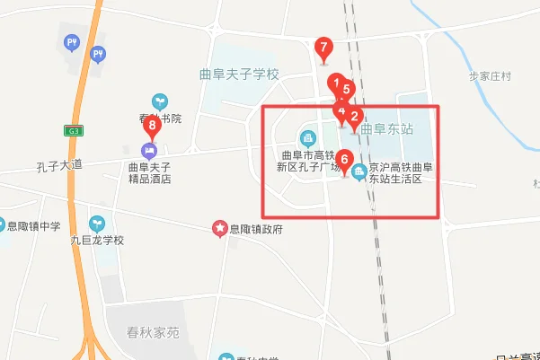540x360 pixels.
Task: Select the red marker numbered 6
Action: (345, 162)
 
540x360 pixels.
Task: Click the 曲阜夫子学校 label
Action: (241, 74)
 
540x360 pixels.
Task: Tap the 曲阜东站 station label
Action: (387, 128)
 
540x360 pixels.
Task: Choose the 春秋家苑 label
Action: (147, 332)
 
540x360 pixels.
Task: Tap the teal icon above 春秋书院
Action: (160, 101)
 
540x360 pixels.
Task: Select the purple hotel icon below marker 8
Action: (149, 149)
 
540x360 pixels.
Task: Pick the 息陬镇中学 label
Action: (33, 225)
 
